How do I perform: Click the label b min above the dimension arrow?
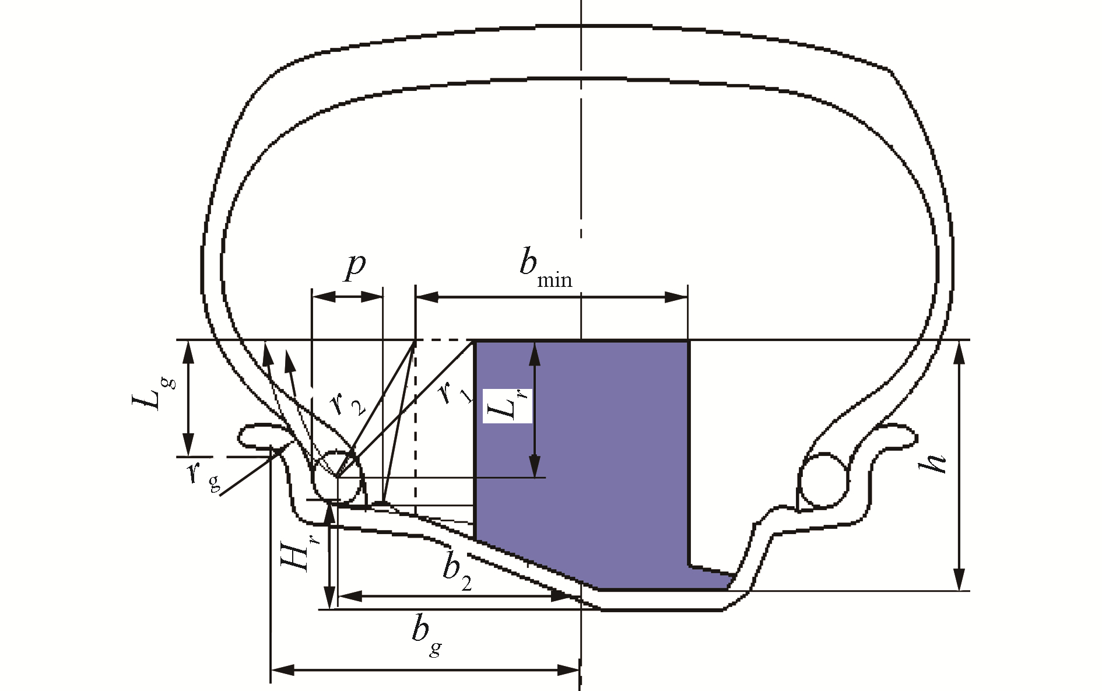545,269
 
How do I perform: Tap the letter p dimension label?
355,266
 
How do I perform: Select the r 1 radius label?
452,395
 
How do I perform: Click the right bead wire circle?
823,479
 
